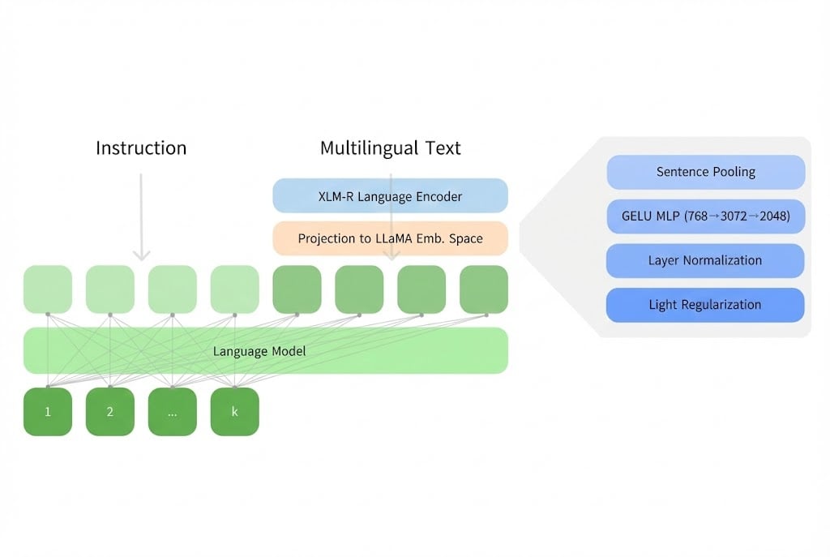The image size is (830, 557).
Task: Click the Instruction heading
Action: point(141,148)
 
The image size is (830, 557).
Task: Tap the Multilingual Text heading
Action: point(390,148)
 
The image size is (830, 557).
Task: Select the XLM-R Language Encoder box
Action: point(390,196)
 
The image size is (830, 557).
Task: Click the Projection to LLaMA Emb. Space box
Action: point(390,238)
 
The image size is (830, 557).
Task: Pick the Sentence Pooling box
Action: point(705,172)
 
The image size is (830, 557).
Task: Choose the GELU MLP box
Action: point(705,216)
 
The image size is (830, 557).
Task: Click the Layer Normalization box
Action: point(705,260)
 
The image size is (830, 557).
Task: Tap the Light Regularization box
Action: point(705,305)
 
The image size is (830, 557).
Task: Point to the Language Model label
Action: point(253,351)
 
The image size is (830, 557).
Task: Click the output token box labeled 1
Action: point(48,412)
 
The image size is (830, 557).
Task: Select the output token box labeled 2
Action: point(110,412)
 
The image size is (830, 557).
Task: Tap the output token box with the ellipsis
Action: point(173,412)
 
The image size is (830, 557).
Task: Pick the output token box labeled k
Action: point(235,412)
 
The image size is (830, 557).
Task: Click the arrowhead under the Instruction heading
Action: point(141,255)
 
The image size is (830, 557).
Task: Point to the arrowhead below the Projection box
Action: point(391,255)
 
